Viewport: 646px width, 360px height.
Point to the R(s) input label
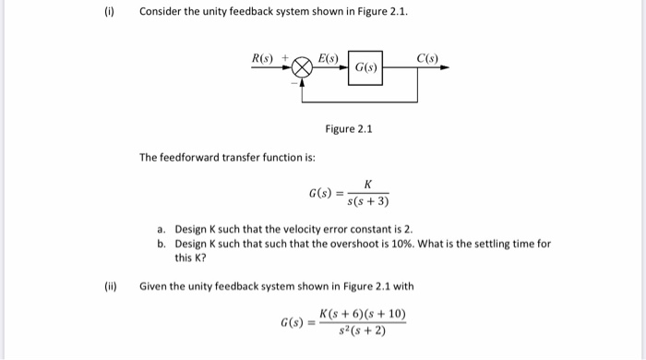tap(265, 59)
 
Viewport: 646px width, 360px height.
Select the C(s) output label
tap(427, 58)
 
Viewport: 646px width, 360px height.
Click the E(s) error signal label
tap(329, 58)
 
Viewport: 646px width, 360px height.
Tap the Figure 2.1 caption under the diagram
tap(349, 129)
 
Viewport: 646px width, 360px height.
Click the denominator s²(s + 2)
tap(361, 331)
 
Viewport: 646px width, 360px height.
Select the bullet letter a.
tap(161, 227)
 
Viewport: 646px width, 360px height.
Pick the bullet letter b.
tap(161, 244)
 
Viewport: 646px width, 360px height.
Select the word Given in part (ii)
tap(153, 286)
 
